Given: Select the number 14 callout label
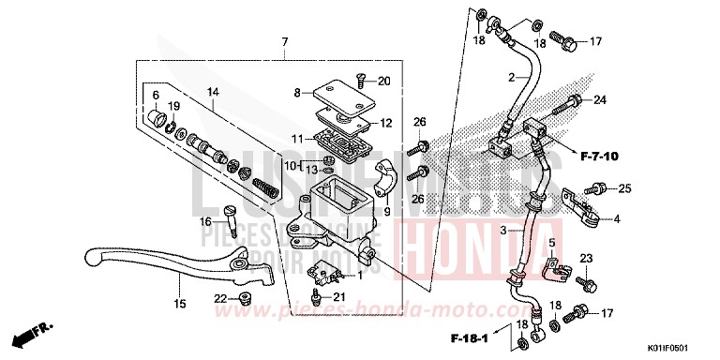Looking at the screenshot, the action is pos(213,92).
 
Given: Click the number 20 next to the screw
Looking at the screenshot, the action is pos(383,82).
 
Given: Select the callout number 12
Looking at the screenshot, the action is pos(386,123).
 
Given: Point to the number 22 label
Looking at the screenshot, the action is pos(220,299).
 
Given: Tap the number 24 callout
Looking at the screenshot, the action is pos(600,100).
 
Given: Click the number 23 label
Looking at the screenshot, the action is pos(586,258).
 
